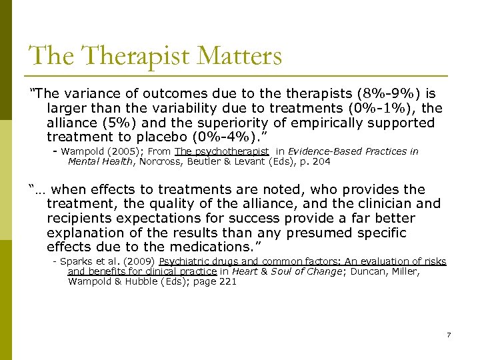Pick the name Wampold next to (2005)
pos(83,151)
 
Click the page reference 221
pos(227,281)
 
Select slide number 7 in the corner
pos(449,334)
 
